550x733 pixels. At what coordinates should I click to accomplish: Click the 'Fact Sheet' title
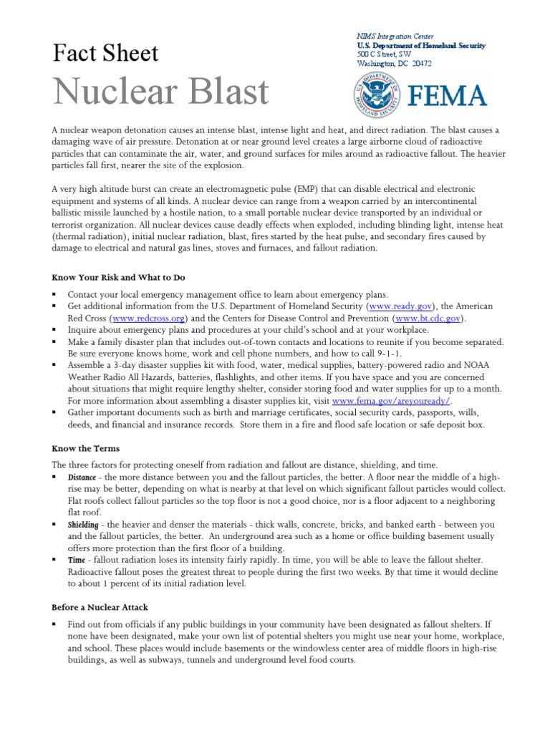pyautogui.click(x=106, y=54)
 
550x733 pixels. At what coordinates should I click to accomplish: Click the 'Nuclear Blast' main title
pyautogui.click(x=161, y=92)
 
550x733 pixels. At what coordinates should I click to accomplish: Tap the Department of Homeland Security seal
pyautogui.click(x=377, y=95)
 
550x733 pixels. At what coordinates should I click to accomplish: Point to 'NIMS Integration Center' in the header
pyautogui.click(x=395, y=36)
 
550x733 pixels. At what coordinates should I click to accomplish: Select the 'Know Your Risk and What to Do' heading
pyautogui.click(x=118, y=277)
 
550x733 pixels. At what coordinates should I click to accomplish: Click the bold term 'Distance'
pyautogui.click(x=82, y=477)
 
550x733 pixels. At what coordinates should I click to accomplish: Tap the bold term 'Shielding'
pyautogui.click(x=83, y=525)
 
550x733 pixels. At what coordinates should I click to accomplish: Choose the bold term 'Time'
pyautogui.click(x=77, y=560)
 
